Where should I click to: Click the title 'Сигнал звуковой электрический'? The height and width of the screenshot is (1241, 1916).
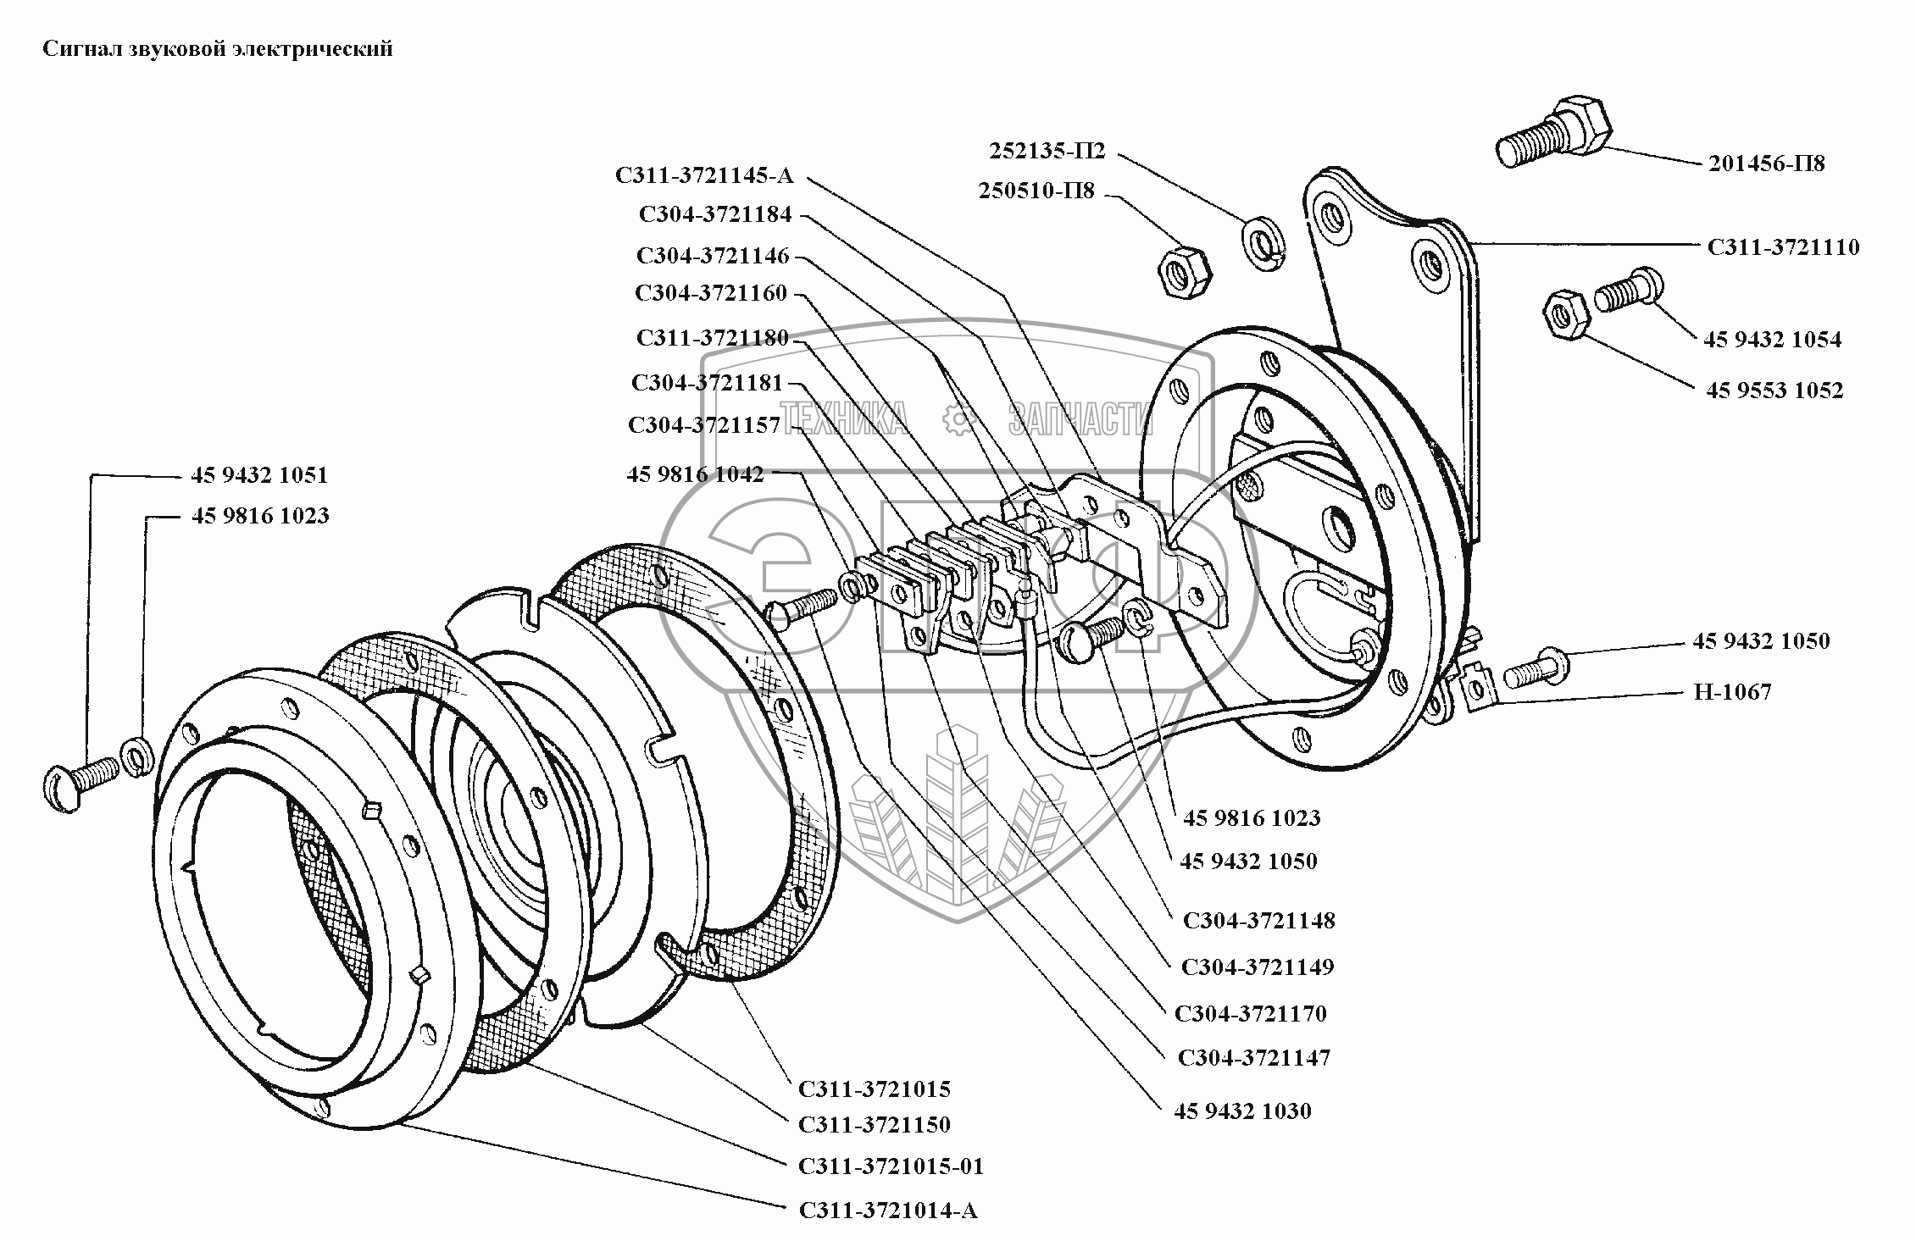pyautogui.click(x=218, y=49)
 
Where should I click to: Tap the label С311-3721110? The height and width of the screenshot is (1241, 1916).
pyautogui.click(x=1783, y=247)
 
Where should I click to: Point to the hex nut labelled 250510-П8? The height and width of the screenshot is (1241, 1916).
pyautogui.click(x=1184, y=272)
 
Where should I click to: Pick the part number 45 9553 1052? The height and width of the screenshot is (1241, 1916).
pyautogui.click(x=1774, y=391)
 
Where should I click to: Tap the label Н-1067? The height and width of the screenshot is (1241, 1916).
pyautogui.click(x=1732, y=692)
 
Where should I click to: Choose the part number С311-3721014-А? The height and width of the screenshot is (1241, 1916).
pyautogui.click(x=888, y=1211)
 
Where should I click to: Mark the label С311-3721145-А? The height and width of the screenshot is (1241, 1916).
pyautogui.click(x=704, y=176)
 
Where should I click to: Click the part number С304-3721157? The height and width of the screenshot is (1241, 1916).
pyautogui.click(x=704, y=425)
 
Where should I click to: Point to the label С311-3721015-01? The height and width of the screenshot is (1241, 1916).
pyautogui.click(x=891, y=1166)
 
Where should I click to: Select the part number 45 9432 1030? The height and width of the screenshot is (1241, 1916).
pyautogui.click(x=1241, y=1111)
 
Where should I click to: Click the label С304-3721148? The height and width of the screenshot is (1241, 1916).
pyautogui.click(x=1258, y=921)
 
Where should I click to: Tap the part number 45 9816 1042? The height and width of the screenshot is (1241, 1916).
pyautogui.click(x=695, y=474)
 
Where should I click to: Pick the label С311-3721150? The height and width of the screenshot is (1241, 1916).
pyautogui.click(x=874, y=1125)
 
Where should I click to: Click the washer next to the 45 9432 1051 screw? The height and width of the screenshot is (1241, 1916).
pyautogui.click(x=136, y=756)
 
